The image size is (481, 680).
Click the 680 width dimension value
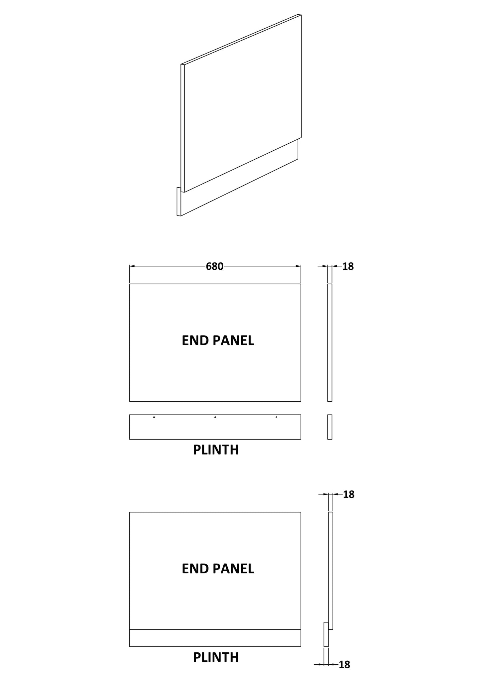215,266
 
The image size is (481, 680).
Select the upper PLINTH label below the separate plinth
216,450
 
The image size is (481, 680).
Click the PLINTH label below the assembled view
216,657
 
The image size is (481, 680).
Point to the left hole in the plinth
154,417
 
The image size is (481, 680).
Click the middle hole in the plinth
215,417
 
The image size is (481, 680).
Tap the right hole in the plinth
276,417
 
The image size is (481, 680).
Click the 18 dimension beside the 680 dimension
348,266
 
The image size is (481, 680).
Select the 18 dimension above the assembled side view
349,494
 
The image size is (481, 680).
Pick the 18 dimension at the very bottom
345,665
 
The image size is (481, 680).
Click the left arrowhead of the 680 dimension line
132,266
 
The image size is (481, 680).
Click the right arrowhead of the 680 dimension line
299,266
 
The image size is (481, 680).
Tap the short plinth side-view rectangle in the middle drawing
330,427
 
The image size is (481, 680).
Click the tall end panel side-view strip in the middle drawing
330,342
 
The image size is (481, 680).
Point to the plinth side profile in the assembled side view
326,634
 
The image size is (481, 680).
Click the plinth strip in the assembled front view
215,638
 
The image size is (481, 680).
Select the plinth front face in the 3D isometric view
240,178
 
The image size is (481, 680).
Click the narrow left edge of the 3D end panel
183,128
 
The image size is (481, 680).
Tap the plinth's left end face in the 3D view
179,202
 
